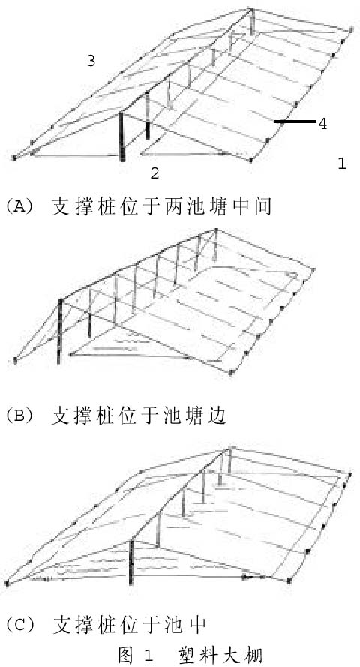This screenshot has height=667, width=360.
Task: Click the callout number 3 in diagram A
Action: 91,61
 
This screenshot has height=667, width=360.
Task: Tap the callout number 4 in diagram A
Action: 322,124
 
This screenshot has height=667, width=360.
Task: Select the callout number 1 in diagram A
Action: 342,164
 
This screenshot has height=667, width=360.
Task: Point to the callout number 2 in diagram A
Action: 154,173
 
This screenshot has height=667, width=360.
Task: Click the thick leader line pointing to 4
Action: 295,122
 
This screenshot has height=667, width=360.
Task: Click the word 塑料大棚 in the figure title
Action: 221,655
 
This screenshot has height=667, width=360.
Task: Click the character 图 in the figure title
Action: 126,655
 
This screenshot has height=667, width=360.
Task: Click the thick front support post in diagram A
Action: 122,136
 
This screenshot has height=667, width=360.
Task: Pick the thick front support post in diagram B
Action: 61,332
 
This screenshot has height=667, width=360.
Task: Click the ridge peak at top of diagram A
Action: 250,9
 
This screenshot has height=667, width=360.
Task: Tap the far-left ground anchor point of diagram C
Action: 7,583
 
